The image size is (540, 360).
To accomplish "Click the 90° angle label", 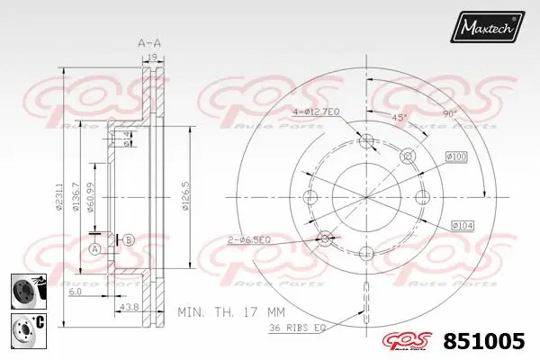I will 450,113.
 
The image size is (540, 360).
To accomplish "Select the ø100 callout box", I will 456,158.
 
